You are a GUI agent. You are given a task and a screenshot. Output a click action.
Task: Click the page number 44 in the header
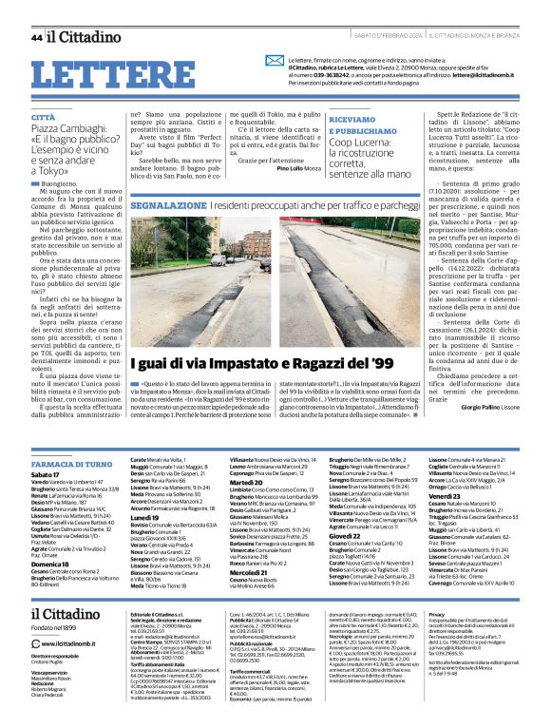pos(36,36)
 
